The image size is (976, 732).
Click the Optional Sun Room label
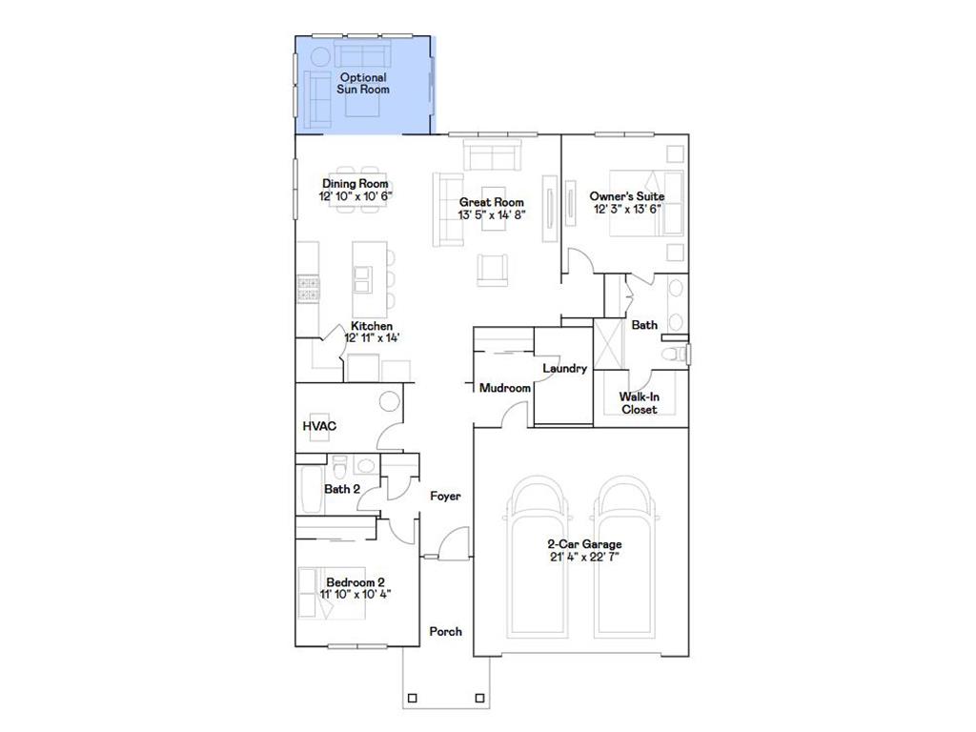(362, 83)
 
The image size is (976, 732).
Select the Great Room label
(491, 202)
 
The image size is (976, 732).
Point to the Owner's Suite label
(626, 195)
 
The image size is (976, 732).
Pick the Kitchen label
(371, 326)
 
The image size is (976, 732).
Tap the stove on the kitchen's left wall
(307, 288)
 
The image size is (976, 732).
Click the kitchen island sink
(362, 278)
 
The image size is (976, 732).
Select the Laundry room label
(564, 368)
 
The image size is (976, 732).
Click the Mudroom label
(504, 388)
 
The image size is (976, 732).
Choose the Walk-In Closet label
(639, 402)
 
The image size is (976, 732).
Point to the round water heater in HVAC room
(389, 401)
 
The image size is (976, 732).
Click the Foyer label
(445, 496)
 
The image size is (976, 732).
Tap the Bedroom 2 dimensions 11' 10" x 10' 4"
(356, 594)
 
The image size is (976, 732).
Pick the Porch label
(445, 631)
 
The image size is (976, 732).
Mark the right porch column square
(480, 698)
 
